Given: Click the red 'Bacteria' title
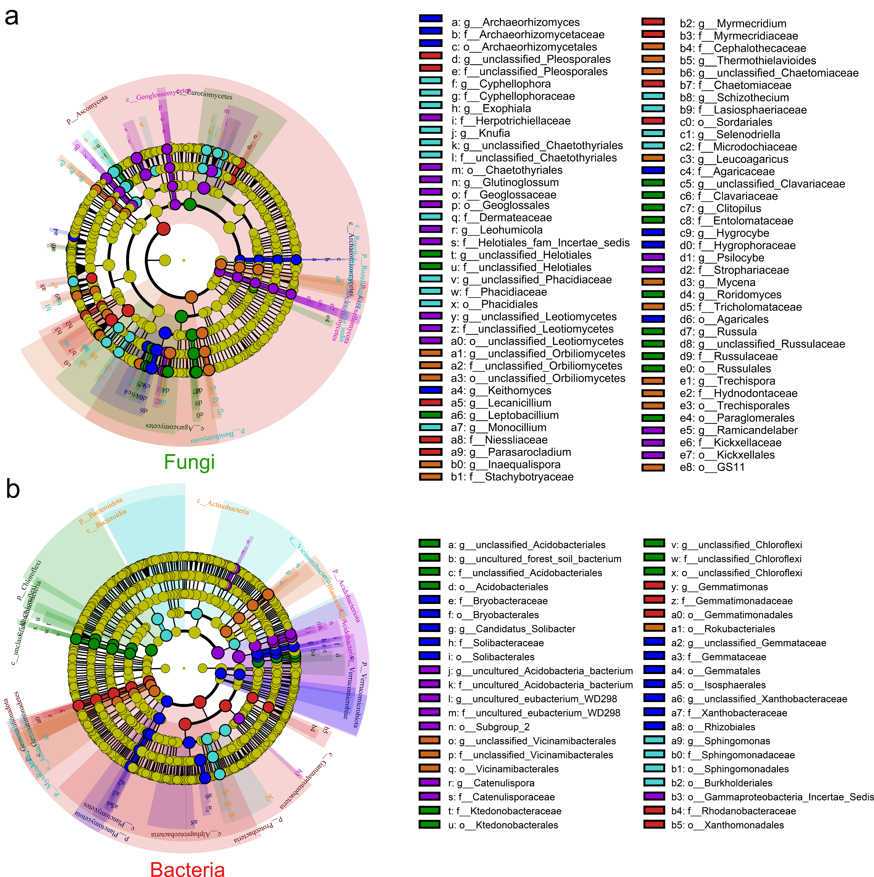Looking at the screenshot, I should coord(187,868).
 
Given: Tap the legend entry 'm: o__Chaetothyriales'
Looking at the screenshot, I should coord(506,170).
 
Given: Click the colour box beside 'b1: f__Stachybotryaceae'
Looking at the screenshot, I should coord(431,477).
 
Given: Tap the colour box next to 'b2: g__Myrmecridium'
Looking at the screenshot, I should coord(653,22).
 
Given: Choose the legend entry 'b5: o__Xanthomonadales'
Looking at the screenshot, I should coord(727,825).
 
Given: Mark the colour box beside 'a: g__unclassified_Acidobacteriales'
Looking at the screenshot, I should coord(429,543).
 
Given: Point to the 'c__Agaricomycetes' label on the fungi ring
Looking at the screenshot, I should coord(174,427).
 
